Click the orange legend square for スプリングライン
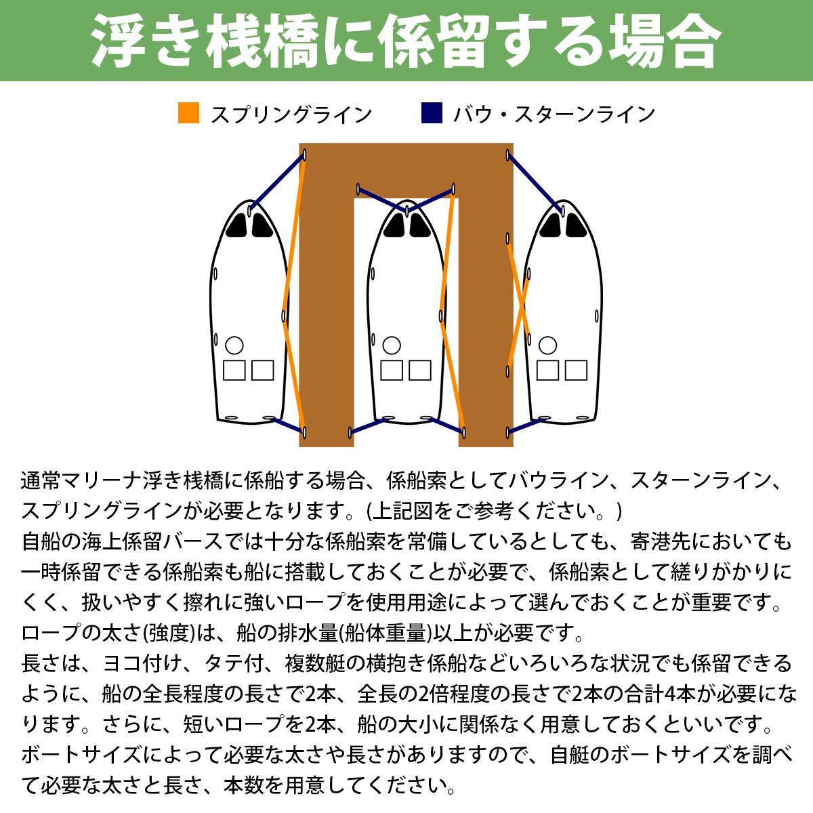pyautogui.click(x=188, y=113)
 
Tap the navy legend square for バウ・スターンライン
pyautogui.click(x=432, y=113)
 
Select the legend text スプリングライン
pyautogui.click(x=291, y=114)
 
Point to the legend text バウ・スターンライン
pyautogui.click(x=554, y=114)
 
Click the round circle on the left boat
pyautogui.click(x=234, y=346)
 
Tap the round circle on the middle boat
pyautogui.click(x=392, y=346)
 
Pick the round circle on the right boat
pyautogui.click(x=547, y=346)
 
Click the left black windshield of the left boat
pyautogui.click(x=237, y=226)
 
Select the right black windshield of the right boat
pyautogui.click(x=575, y=226)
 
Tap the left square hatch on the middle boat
pyautogui.click(x=392, y=370)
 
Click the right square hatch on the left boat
pyautogui.click(x=263, y=370)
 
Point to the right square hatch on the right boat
pyautogui.click(x=576, y=370)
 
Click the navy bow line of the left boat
pyautogui.click(x=277, y=182)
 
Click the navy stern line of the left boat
pyautogui.click(x=288, y=425)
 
